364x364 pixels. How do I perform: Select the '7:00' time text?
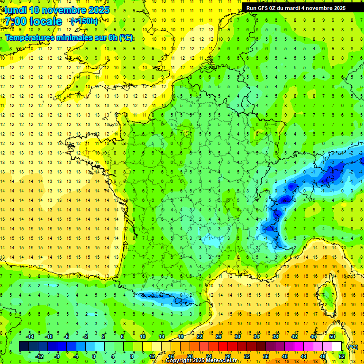[x=16, y=21]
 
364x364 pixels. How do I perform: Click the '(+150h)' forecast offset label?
[x=84, y=21]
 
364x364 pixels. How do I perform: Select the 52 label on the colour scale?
[x=342, y=356]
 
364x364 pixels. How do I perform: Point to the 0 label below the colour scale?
[x=94, y=356]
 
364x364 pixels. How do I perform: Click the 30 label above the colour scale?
[x=237, y=337]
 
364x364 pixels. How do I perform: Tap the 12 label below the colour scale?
[x=152, y=356]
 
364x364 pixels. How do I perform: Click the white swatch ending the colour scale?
[x=337, y=346]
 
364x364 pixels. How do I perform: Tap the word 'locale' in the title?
[x=45, y=21]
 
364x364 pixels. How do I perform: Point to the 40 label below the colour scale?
[x=285, y=356]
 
